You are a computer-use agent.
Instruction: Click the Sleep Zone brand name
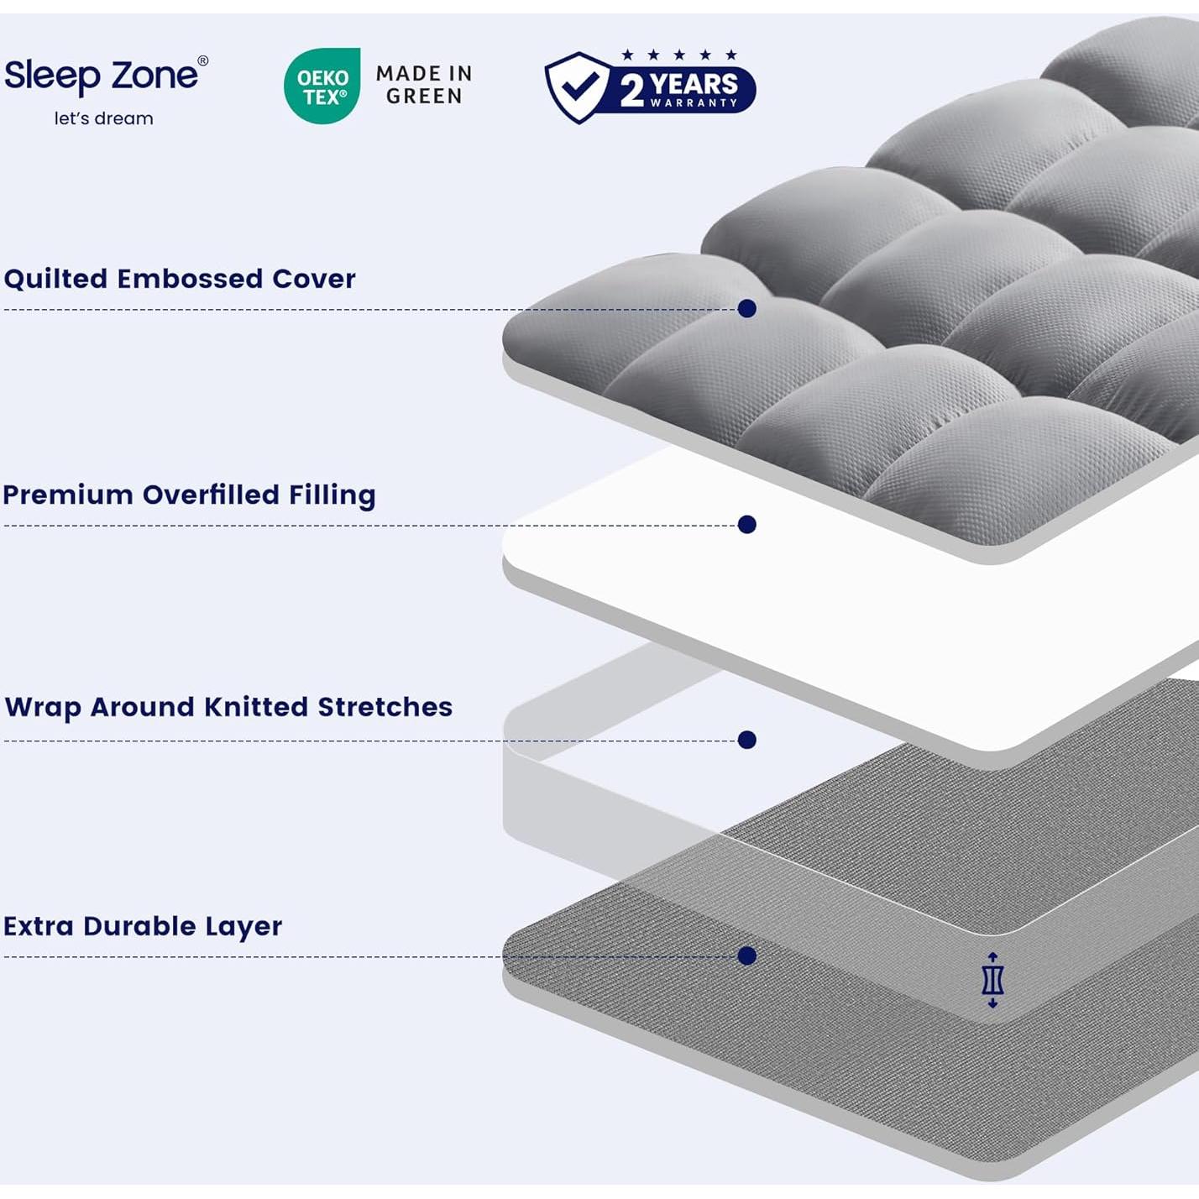[101, 76]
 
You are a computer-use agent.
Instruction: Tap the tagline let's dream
[103, 118]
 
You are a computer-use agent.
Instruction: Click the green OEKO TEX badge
[322, 86]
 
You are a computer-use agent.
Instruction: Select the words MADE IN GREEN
[424, 85]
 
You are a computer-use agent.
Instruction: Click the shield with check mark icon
[577, 86]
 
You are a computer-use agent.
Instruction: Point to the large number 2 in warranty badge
[632, 90]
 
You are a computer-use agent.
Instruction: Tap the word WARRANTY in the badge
[694, 103]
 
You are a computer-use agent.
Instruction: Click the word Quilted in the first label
[55, 279]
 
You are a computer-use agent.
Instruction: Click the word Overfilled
[211, 495]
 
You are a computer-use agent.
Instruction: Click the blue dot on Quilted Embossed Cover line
[746, 309]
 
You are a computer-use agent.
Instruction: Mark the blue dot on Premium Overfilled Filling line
[746, 525]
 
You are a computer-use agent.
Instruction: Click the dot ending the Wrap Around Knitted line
[746, 740]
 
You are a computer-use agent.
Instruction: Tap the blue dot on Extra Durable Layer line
[746, 956]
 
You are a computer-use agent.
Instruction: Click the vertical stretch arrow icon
[992, 980]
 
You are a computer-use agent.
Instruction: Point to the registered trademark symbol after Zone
[202, 60]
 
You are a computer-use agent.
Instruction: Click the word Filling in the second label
[332, 495]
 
